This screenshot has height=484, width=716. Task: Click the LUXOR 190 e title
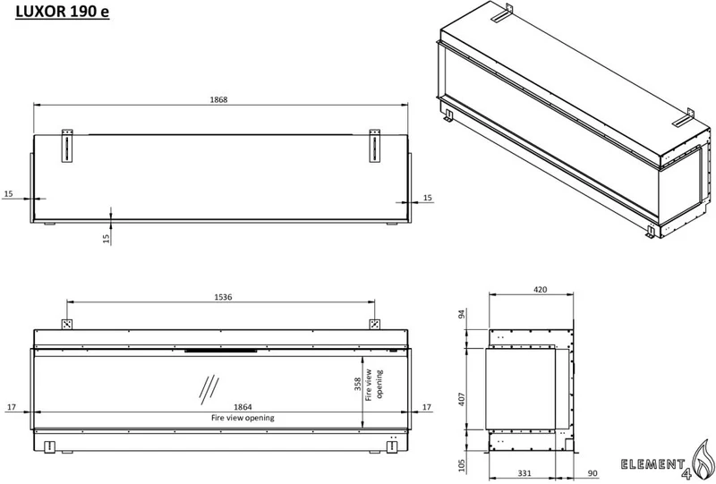(x=63, y=11)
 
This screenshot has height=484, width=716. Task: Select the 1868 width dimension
(x=218, y=99)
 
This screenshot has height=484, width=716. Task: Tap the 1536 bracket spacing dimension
(x=223, y=297)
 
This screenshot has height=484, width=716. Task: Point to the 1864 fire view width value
(x=243, y=407)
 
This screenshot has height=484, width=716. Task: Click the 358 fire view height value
(x=358, y=384)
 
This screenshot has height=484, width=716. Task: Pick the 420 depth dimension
(x=541, y=290)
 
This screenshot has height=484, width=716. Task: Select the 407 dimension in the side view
(x=462, y=399)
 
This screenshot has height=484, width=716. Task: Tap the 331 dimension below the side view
(x=524, y=473)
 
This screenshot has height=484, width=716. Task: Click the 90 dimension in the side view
(x=592, y=473)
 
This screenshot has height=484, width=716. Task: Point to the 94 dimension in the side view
(x=462, y=314)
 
